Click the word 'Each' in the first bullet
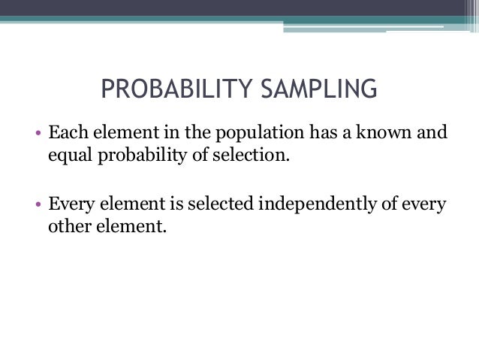65,136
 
